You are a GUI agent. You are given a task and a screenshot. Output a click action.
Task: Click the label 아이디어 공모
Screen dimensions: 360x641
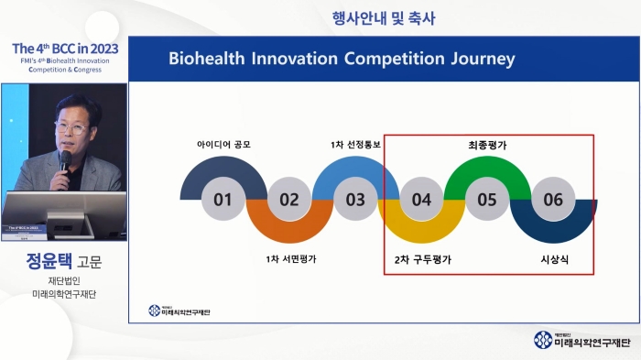pyautogui.click(x=223, y=145)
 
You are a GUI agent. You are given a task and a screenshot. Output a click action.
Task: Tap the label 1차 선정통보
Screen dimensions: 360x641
pyautogui.click(x=355, y=145)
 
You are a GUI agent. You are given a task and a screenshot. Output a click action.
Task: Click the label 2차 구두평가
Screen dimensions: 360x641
pyautogui.click(x=421, y=259)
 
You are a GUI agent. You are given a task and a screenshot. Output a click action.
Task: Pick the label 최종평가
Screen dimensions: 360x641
pyautogui.click(x=487, y=145)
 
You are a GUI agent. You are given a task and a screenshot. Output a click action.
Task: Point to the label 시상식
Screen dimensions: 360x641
pyautogui.click(x=554, y=259)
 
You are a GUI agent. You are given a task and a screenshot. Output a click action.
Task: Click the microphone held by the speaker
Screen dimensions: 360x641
pyautogui.click(x=65, y=160)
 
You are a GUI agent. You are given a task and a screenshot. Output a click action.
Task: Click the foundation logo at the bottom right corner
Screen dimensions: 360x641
pyautogui.click(x=582, y=340)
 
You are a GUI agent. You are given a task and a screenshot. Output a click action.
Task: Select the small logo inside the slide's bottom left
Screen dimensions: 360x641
pyautogui.click(x=179, y=311)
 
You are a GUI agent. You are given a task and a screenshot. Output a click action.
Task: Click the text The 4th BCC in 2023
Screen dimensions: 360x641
pyautogui.click(x=62, y=47)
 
